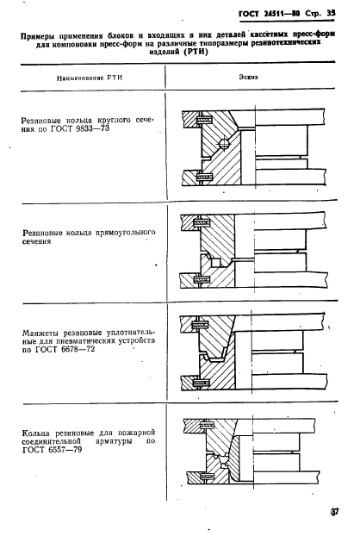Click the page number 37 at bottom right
point(334,511)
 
